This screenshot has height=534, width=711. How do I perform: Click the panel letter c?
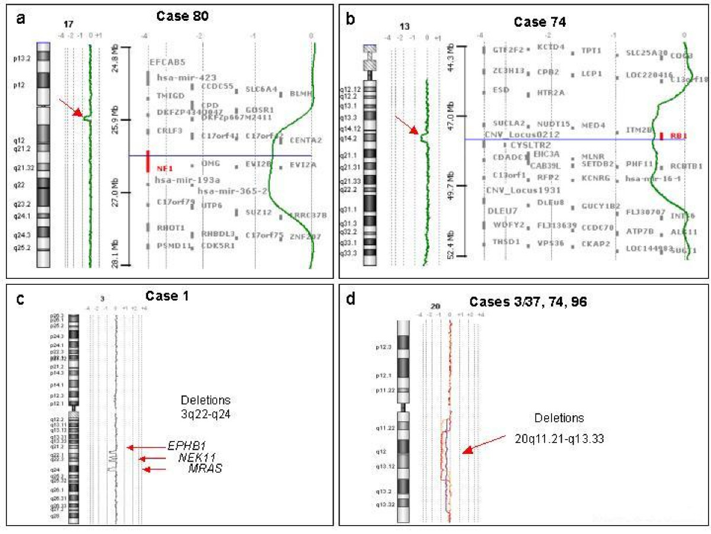pyautogui.click(x=21, y=299)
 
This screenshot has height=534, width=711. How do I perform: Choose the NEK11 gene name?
pyautogui.click(x=196, y=457)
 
